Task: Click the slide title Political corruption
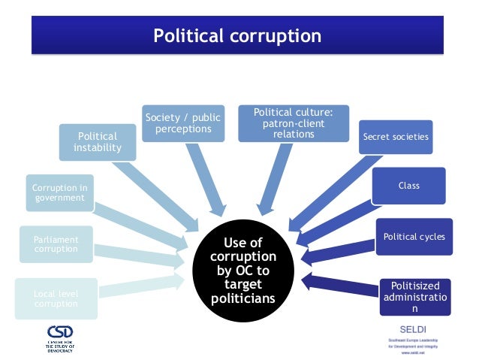click(237, 35)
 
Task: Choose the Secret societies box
click(396, 137)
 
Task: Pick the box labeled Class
click(408, 185)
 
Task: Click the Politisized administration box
click(414, 297)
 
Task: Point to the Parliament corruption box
click(57, 244)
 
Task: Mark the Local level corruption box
click(56, 298)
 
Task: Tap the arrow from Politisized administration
click(342, 286)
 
